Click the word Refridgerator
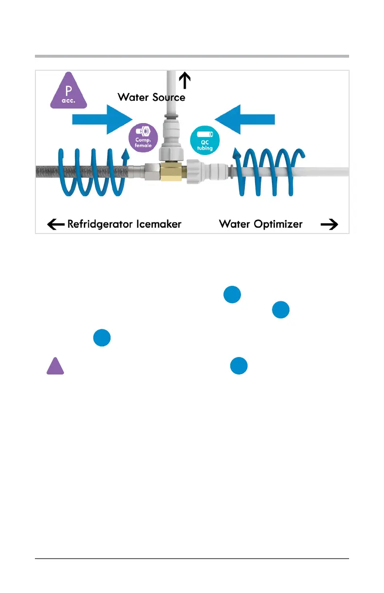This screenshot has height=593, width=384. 100,224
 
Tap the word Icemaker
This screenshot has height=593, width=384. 158,224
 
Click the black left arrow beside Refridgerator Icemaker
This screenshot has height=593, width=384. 56,224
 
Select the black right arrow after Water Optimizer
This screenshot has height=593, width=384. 329,224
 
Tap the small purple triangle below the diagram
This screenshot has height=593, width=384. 55,366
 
